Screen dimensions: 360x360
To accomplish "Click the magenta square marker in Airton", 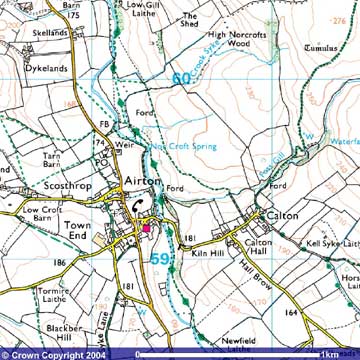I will tap(146, 228).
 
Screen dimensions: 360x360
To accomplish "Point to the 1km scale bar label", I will tap(327, 353).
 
